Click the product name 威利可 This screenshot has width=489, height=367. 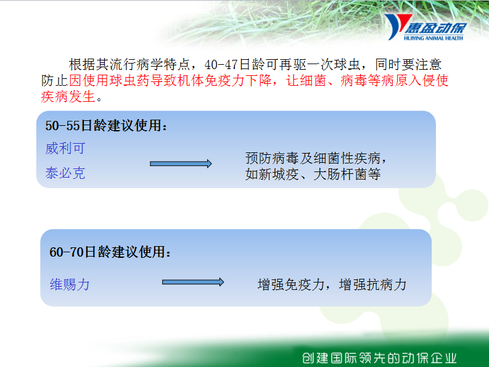(x=65, y=148)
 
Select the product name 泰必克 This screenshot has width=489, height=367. (x=65, y=173)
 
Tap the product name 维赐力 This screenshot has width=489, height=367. (x=70, y=284)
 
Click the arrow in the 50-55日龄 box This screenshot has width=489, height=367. (x=181, y=164)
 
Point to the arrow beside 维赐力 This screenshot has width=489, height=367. (x=193, y=282)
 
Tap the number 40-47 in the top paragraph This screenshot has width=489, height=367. (x=221, y=65)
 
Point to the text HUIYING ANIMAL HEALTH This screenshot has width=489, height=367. (x=434, y=38)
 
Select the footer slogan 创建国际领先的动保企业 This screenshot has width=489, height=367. (x=379, y=358)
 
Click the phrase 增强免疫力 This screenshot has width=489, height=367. (x=291, y=284)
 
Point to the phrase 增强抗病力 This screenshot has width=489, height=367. (x=372, y=284)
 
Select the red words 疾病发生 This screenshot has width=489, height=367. (x=68, y=96)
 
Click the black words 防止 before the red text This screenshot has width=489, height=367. (x=55, y=81)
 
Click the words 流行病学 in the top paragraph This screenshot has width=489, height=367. (x=136, y=65)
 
